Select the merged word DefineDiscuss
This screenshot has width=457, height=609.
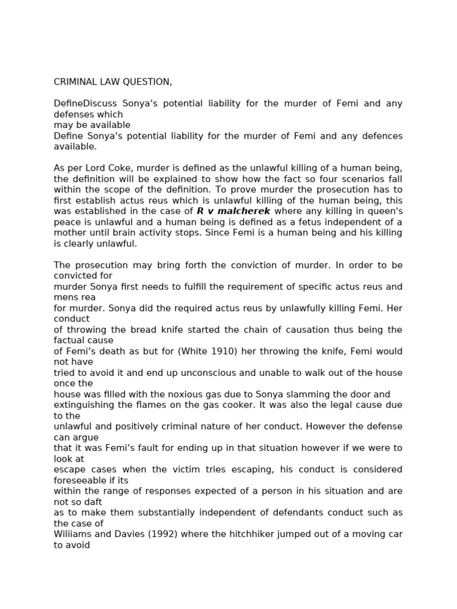click(x=83, y=103)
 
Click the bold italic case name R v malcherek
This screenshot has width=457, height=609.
click(x=233, y=211)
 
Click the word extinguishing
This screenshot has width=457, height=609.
click(x=83, y=405)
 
